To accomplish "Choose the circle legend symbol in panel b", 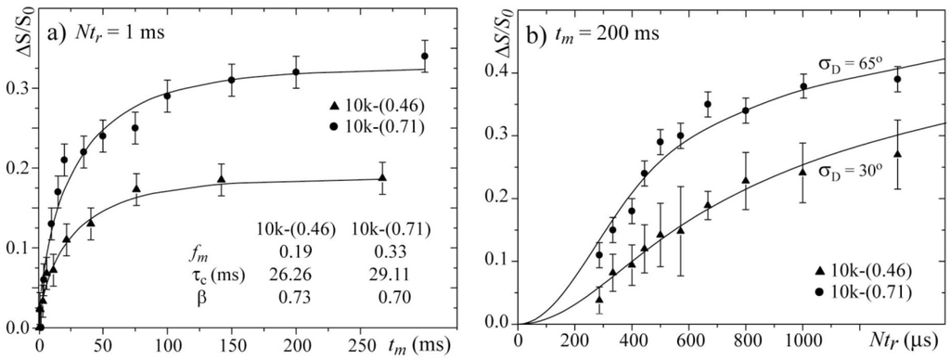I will (x=805, y=291).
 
